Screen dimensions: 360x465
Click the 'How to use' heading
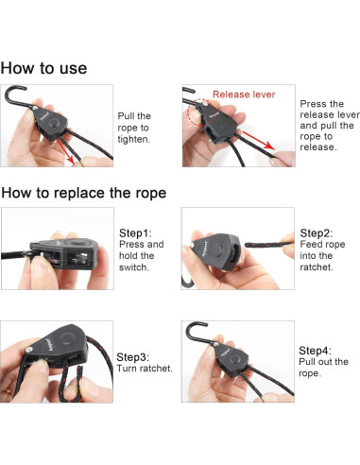pyautogui.click(x=43, y=68)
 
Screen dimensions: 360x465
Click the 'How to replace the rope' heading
pyautogui.click(x=84, y=193)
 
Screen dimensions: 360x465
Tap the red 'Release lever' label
pyautogui.click(x=244, y=95)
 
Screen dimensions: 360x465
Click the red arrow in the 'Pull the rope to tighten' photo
pyautogui.click(x=65, y=152)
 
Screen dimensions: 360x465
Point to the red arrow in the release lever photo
pyautogui.click(x=258, y=141)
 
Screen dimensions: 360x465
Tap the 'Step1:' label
pyautogui.click(x=135, y=233)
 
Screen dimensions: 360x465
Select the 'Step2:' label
pyautogui.click(x=317, y=233)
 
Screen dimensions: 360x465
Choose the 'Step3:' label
pyautogui.click(x=133, y=357)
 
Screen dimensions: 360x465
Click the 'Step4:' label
pyautogui.click(x=315, y=351)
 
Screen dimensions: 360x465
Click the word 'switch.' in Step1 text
pyautogui.click(x=134, y=267)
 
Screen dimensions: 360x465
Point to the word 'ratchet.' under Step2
pyautogui.click(x=317, y=267)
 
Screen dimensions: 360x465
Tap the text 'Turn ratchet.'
pyautogui.click(x=145, y=369)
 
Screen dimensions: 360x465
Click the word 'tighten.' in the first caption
pyautogui.click(x=134, y=139)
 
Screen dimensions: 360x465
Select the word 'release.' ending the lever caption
pyautogui.click(x=318, y=146)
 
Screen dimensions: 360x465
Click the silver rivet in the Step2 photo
pyautogui.click(x=193, y=244)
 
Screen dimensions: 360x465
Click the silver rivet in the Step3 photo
pyautogui.click(x=29, y=350)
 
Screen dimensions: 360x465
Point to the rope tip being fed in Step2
pyautogui.click(x=247, y=245)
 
